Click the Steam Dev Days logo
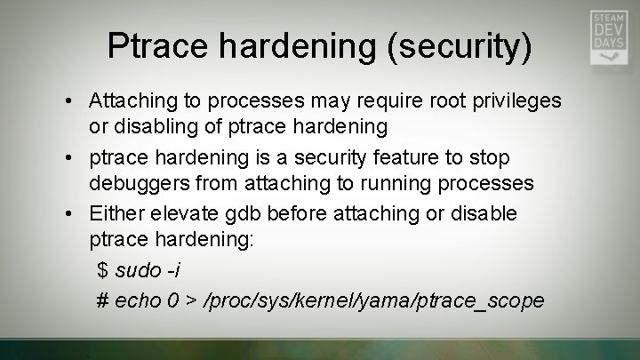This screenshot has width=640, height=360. click(x=609, y=37)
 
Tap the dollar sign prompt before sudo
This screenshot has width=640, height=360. click(x=102, y=270)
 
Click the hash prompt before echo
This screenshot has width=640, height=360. click(x=102, y=300)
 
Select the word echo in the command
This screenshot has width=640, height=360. click(x=138, y=300)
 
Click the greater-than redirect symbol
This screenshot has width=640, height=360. click(x=191, y=300)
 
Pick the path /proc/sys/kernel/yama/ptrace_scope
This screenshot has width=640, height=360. click(x=373, y=300)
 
